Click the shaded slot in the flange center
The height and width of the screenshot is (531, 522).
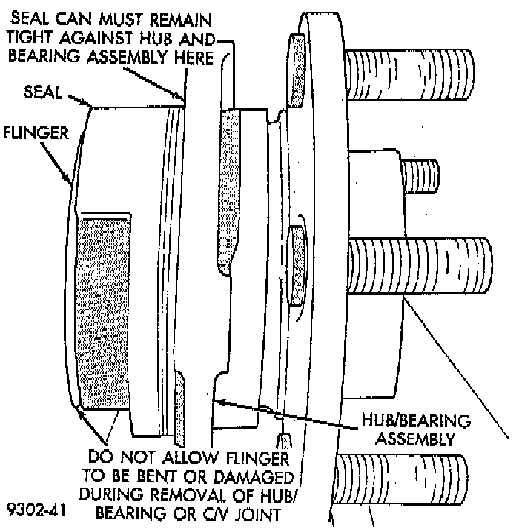pyautogui.click(x=294, y=267)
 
